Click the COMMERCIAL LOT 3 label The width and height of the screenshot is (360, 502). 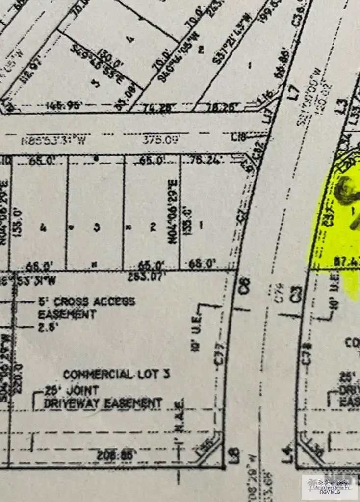pyautogui.click(x=117, y=375)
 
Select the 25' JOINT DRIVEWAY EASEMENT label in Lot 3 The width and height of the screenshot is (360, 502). pyautogui.click(x=103, y=398)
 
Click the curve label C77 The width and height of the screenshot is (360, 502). pyautogui.click(x=219, y=353)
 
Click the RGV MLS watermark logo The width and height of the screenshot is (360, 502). pyautogui.click(x=330, y=486)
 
